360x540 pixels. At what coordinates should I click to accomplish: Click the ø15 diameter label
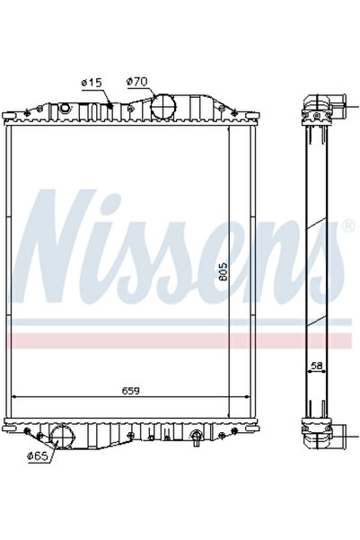coord(92,82)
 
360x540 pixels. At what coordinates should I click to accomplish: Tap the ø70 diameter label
coord(136,82)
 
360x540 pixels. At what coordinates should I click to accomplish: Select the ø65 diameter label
coord(38,457)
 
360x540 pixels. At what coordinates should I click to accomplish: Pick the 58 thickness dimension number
coord(315,366)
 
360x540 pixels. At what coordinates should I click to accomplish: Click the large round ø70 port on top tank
coord(162,104)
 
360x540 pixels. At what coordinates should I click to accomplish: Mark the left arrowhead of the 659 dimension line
coord(13,398)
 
